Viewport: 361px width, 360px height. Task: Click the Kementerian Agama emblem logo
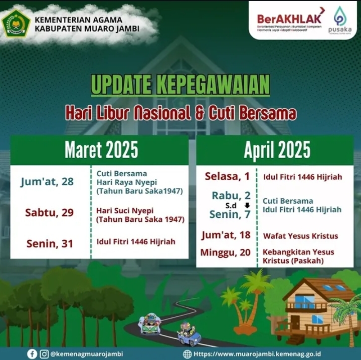pos(17,23)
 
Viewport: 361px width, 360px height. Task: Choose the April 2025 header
pos(277,150)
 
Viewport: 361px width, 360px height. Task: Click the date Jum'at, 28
pos(47,181)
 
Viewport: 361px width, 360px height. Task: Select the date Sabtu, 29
pos(49,213)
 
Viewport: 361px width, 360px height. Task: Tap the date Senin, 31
pos(50,244)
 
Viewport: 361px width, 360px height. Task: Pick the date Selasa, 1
pos(228,176)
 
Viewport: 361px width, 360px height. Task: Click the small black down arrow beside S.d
pos(247,205)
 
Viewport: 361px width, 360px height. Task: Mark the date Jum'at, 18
pos(226,235)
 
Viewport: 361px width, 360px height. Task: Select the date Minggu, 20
pos(225,252)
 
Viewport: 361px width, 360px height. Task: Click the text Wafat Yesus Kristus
pos(300,236)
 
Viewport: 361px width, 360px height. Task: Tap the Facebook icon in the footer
pos(32,354)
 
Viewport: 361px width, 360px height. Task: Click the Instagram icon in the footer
pos(45,354)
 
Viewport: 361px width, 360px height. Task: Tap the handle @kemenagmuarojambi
pos(87,354)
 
